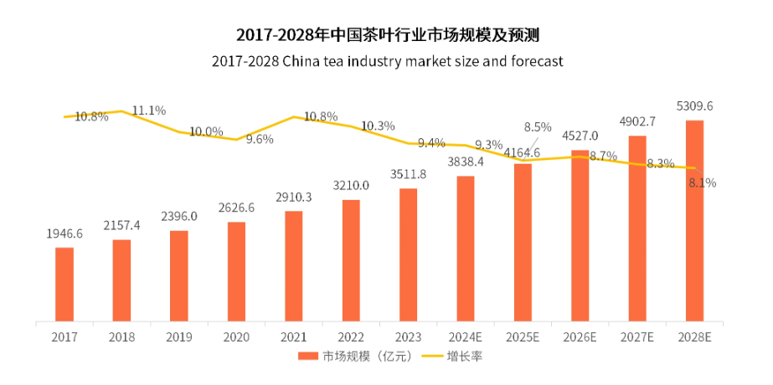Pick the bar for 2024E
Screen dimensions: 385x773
pyautogui.click(x=466, y=249)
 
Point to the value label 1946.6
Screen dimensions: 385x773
pyautogui.click(x=64, y=234)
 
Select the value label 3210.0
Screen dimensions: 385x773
pyautogui.click(x=351, y=186)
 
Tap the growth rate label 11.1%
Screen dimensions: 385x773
pyautogui.click(x=149, y=110)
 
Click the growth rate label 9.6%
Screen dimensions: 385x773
pyautogui.click(x=260, y=139)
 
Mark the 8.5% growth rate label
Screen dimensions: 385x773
pyautogui.click(x=538, y=127)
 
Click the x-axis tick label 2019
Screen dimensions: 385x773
pyautogui.click(x=179, y=336)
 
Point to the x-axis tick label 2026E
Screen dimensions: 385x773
pyautogui.click(x=580, y=336)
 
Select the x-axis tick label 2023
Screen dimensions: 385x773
pyautogui.click(x=408, y=336)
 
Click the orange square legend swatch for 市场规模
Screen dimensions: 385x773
pyautogui.click(x=307, y=356)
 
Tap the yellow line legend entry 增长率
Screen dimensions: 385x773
pyautogui.click(x=450, y=356)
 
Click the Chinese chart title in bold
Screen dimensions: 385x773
pyautogui.click(x=387, y=35)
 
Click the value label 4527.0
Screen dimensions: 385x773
pyautogui.click(x=580, y=136)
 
